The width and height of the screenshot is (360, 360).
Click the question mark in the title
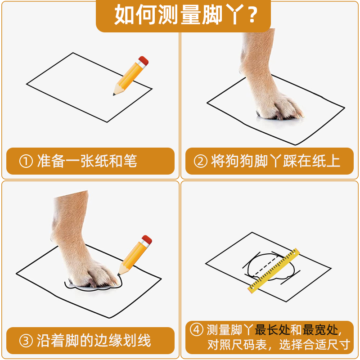tap(252, 15)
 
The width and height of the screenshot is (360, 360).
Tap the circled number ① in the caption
tap(26, 161)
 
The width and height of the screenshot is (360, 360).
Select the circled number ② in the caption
tap(200, 161)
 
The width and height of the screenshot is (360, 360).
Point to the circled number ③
tap(26, 341)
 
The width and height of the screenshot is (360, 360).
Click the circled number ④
tap(197, 330)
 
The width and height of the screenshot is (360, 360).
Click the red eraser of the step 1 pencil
tap(144, 60)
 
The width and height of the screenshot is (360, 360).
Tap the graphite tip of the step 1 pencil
tap(114, 94)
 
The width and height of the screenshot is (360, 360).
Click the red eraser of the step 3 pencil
tap(147, 239)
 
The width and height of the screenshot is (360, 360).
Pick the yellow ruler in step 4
tap(274, 271)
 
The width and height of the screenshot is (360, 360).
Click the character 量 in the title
tap(190, 15)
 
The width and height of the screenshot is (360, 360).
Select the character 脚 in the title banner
tap(212, 15)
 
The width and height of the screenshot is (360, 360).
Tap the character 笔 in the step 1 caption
tap(130, 161)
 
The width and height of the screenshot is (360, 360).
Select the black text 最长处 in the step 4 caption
tap(272, 330)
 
